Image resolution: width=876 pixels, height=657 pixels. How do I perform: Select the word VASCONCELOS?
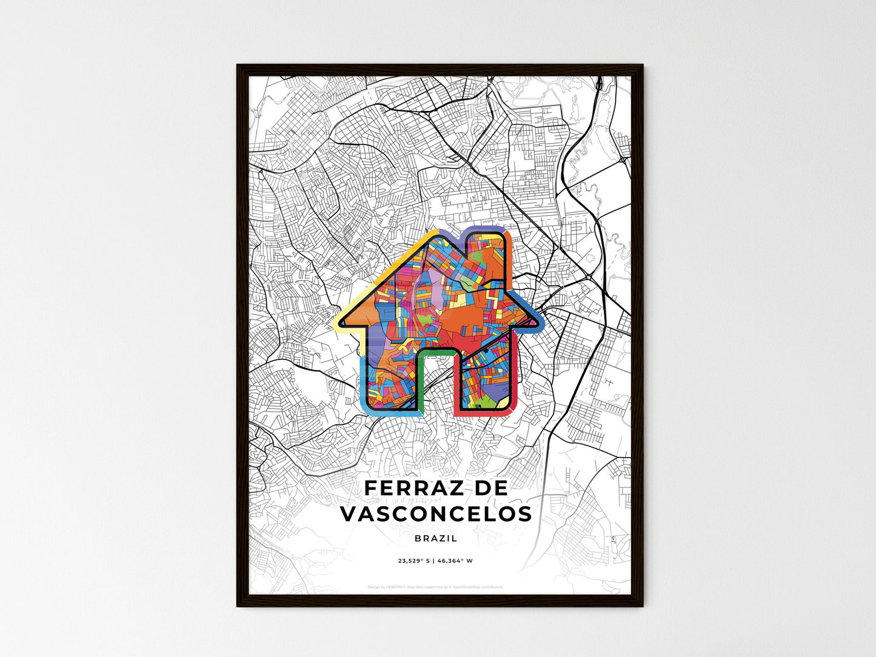(x=436, y=514)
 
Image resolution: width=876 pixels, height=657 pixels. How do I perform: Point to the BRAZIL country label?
(x=436, y=538)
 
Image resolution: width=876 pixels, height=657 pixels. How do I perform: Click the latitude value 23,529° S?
(x=413, y=561)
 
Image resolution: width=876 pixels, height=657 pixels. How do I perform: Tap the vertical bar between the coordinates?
(x=433, y=561)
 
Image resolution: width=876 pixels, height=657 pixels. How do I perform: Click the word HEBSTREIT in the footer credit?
(x=396, y=587)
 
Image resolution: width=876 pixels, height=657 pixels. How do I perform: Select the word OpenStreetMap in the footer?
(x=469, y=587)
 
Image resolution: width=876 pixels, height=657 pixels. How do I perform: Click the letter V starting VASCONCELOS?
(x=349, y=514)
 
